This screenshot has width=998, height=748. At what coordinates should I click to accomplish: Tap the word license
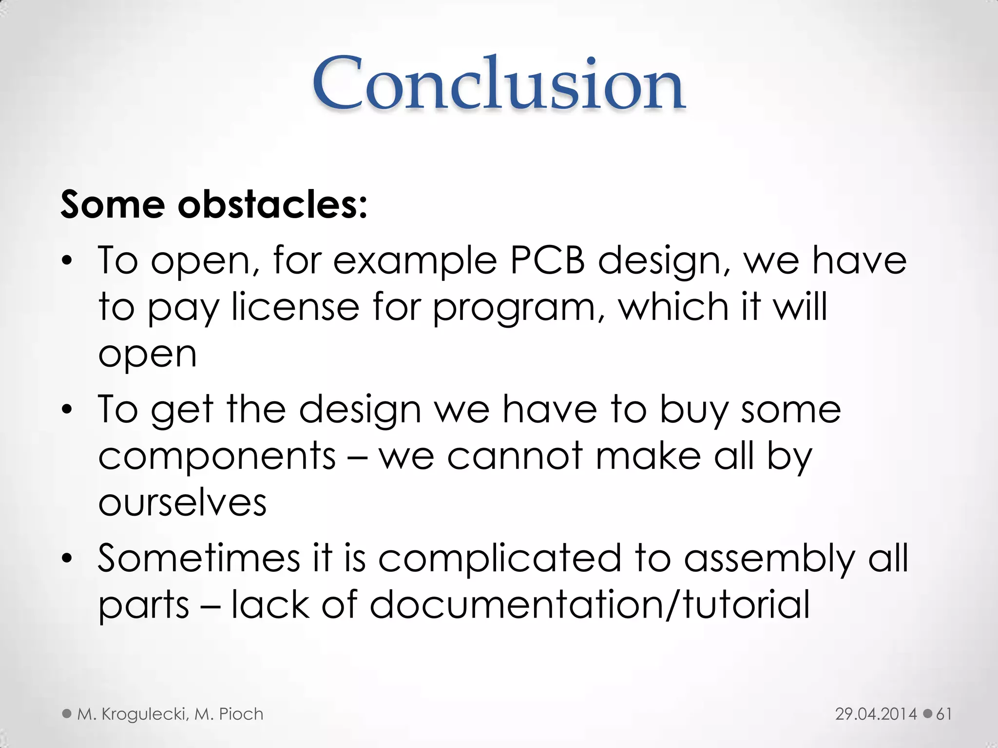point(295,307)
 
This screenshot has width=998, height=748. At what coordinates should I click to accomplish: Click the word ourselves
point(182,503)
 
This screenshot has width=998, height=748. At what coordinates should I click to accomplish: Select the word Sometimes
point(199,558)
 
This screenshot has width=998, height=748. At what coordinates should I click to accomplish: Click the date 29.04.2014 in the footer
point(876,714)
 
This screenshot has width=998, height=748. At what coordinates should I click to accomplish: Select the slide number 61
point(944,714)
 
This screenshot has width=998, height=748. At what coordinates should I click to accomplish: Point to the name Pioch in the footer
point(241,714)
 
